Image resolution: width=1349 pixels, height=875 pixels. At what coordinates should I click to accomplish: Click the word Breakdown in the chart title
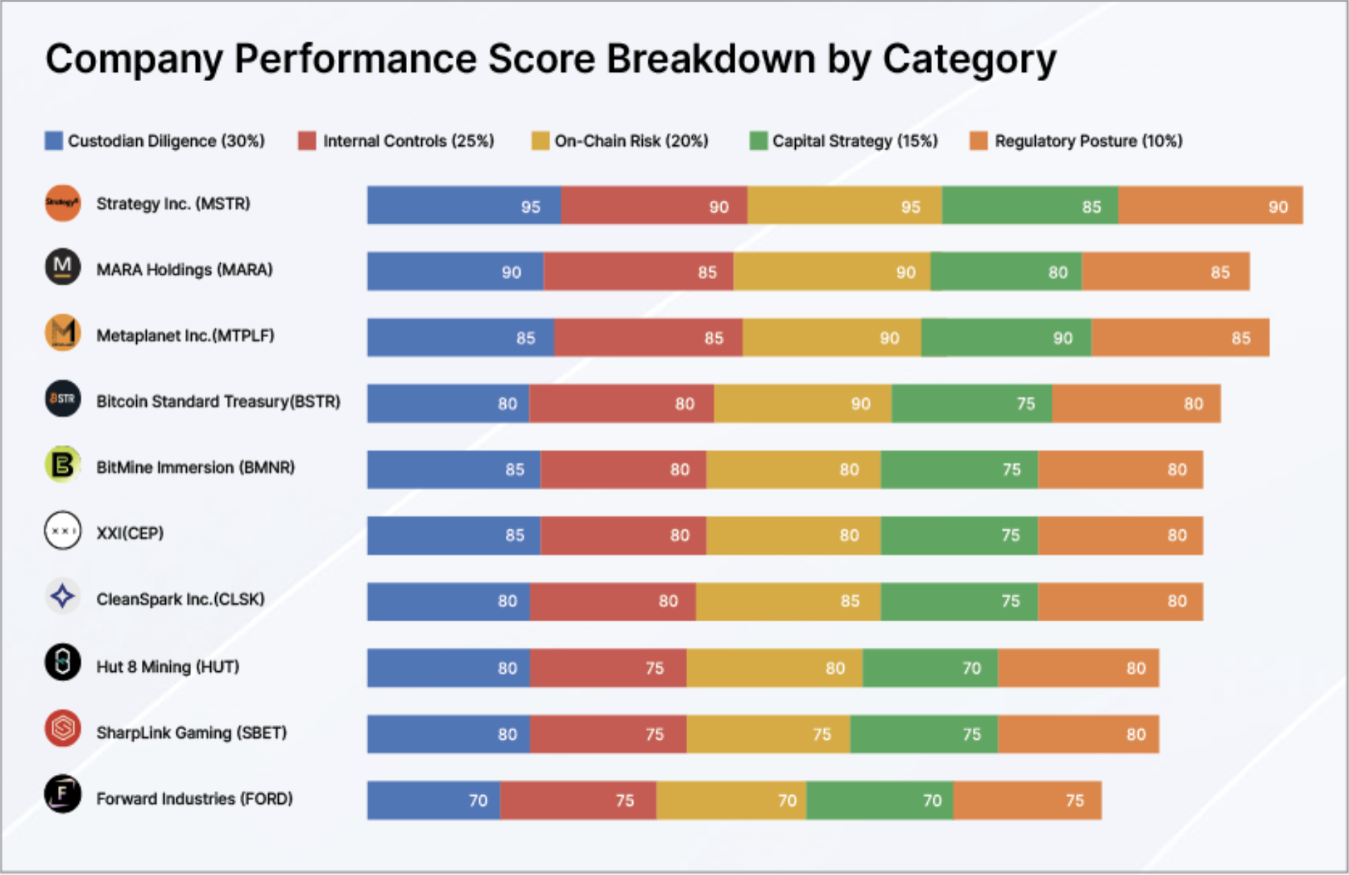coord(710,59)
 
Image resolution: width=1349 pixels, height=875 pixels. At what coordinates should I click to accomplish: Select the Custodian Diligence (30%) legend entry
coord(155,141)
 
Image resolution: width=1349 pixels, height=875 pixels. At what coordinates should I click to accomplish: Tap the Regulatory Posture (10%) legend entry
coord(1077,141)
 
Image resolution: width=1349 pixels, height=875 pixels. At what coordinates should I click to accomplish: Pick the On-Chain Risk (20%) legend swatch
coord(540,141)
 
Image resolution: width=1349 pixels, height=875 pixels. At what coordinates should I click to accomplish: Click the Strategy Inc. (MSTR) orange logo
coord(63,203)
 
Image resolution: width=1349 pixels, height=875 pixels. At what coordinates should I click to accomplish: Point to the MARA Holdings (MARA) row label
coord(184,269)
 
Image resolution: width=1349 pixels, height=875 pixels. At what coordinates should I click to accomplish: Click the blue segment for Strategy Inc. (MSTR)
coord(464,205)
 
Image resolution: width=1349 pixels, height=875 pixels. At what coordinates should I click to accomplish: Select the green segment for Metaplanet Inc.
coord(1005,337)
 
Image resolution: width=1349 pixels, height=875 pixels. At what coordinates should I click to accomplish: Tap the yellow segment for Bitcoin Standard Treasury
coord(802,403)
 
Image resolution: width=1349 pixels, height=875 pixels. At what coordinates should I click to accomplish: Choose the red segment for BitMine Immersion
coord(623,470)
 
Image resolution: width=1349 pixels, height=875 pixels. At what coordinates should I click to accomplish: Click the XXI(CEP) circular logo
coord(63,530)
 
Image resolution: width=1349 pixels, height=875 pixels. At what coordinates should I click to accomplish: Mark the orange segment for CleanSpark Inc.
coord(1120,601)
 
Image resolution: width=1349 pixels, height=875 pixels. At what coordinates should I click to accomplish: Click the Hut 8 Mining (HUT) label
coord(168,666)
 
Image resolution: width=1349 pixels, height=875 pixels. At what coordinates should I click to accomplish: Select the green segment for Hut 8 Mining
coord(929,668)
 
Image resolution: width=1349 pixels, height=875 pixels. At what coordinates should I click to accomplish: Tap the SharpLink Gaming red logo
coord(63,728)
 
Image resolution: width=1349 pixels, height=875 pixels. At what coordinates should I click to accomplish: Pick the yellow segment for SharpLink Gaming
coord(768,734)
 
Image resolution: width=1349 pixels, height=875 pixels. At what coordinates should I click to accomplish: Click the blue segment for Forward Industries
coord(433,800)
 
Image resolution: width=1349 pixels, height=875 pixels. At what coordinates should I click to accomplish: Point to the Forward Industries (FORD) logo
coord(63,794)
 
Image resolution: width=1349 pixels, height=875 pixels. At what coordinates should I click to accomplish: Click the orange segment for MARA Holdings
coord(1165,271)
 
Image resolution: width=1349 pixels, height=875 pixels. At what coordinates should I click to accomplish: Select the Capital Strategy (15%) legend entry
coord(844,141)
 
